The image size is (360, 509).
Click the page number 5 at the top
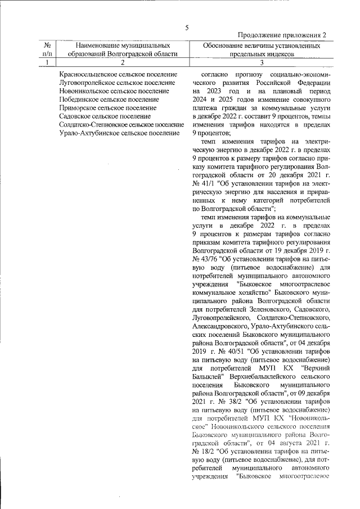click(x=187, y=28)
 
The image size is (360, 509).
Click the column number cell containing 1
click(x=48, y=62)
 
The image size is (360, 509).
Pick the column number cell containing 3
click(x=262, y=62)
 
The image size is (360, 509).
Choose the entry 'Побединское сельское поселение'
click(x=109, y=100)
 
